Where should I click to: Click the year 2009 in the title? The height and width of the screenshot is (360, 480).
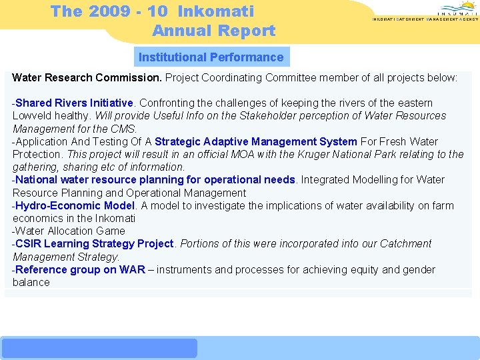tap(110, 11)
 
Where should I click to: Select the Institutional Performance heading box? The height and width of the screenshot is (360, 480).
tap(211, 57)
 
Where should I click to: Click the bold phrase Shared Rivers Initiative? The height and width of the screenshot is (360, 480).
tap(75, 103)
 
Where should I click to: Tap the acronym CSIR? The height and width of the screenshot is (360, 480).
tap(29, 244)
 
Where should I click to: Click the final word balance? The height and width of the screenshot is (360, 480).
tap(31, 283)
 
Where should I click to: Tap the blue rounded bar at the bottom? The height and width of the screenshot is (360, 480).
tap(99, 348)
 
